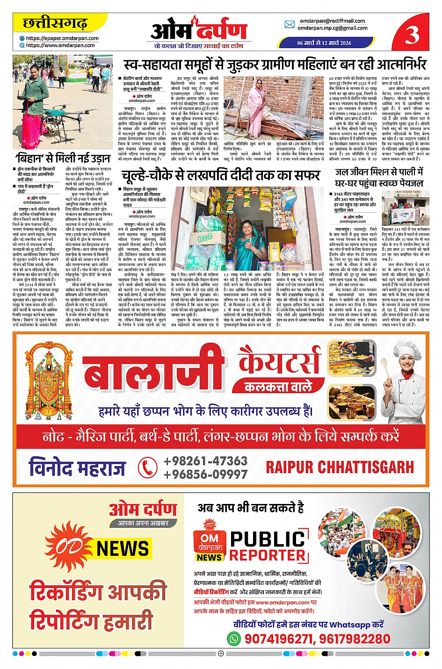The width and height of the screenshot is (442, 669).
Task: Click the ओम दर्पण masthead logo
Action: (x=198, y=30)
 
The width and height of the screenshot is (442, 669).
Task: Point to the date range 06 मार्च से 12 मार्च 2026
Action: (x=324, y=43)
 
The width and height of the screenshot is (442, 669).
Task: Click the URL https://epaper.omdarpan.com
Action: (x=62, y=38)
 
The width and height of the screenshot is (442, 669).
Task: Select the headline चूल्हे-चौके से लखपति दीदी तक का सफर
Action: (x=220, y=175)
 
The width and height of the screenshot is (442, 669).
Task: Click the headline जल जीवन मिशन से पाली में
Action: (x=379, y=172)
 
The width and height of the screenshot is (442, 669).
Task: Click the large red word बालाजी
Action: (x=154, y=372)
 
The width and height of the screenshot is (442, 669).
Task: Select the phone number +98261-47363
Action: (x=205, y=461)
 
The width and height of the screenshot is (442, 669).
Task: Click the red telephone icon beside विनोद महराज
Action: (x=147, y=467)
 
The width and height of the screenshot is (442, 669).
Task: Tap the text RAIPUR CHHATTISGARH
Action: (x=340, y=467)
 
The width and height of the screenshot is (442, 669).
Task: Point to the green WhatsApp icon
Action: (x=233, y=638)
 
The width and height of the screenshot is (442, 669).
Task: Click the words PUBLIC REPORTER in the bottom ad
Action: (x=268, y=547)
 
